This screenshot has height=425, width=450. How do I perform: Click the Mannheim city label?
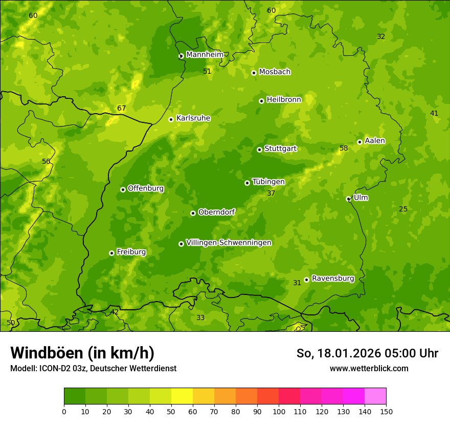[205, 55]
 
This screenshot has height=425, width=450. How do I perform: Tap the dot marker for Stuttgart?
[259, 150]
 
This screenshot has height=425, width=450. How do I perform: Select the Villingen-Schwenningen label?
[229, 243]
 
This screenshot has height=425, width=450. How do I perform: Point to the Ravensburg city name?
[332, 279]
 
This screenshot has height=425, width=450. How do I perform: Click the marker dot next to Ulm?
[348, 199]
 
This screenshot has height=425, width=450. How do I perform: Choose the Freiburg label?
[131, 252]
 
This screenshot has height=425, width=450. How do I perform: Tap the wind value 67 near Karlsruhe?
[121, 108]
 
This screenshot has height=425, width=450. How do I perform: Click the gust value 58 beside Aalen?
[344, 148]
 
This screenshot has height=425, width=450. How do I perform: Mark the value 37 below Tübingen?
[271, 193]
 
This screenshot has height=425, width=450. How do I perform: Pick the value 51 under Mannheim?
[207, 71]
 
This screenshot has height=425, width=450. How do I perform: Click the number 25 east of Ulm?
[403, 209]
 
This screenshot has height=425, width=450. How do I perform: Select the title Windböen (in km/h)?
[82, 353]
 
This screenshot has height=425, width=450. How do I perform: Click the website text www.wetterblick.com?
[369, 368]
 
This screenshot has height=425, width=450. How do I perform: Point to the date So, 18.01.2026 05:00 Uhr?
[367, 353]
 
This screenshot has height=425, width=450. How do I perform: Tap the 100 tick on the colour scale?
[279, 411]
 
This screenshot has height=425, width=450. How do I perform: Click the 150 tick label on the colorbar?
[386, 411]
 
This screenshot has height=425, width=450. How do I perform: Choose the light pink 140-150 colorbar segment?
[375, 396]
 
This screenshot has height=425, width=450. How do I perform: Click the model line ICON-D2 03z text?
[93, 368]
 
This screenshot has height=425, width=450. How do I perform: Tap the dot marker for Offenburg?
[123, 189]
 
